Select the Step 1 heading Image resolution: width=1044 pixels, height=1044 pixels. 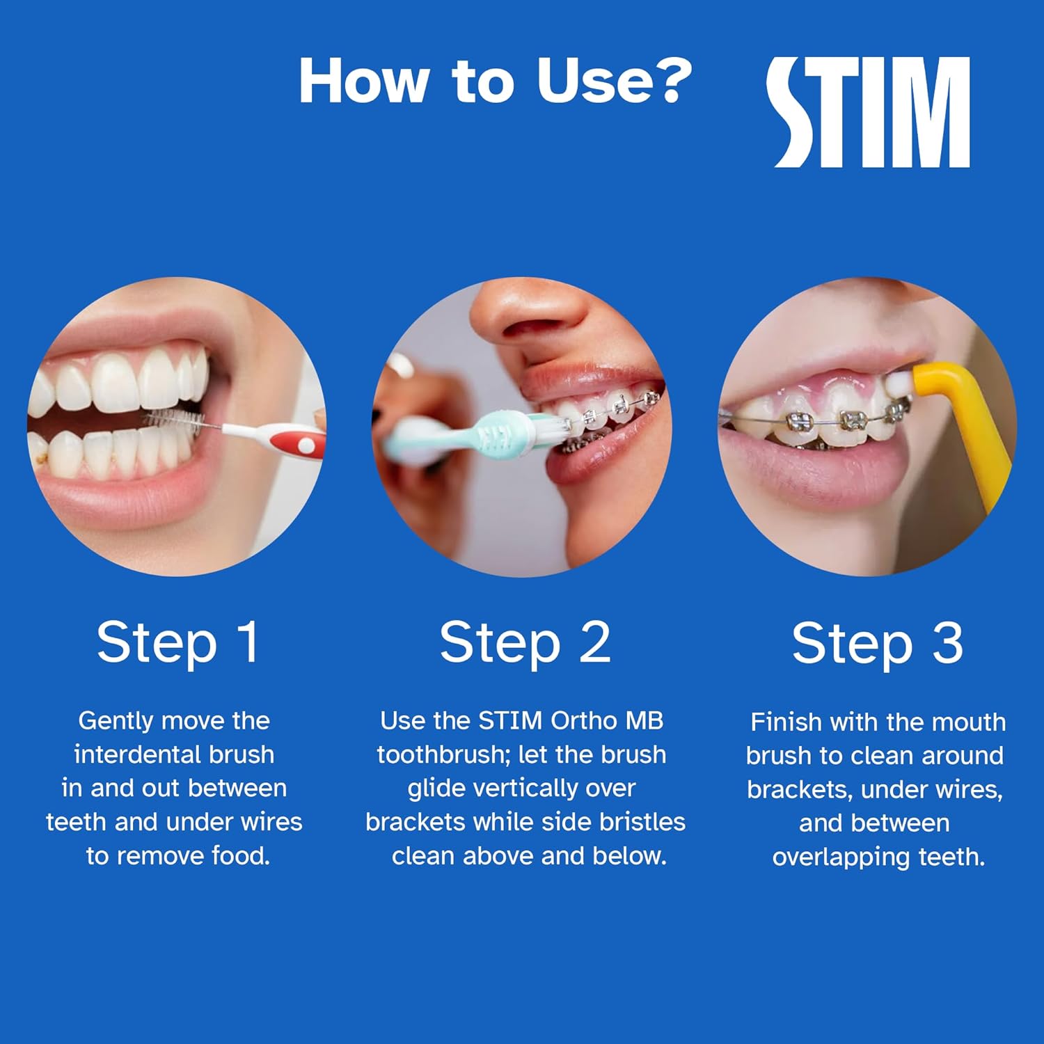pos(177,642)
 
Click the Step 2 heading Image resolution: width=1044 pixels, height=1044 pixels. pos(525,642)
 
